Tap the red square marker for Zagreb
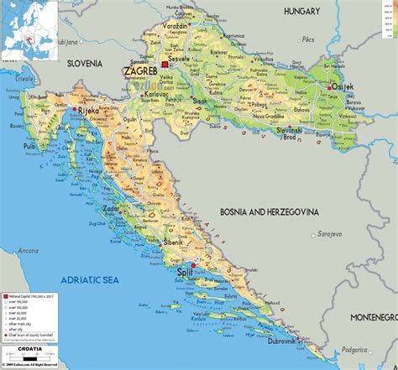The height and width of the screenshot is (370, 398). pos(165,65)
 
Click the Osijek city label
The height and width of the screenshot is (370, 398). pos(344,89)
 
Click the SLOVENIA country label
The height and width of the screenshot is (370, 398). pos(79,63)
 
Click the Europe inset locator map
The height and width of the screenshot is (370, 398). pos(29,30)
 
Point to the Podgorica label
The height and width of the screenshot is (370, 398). pos(376,348)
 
